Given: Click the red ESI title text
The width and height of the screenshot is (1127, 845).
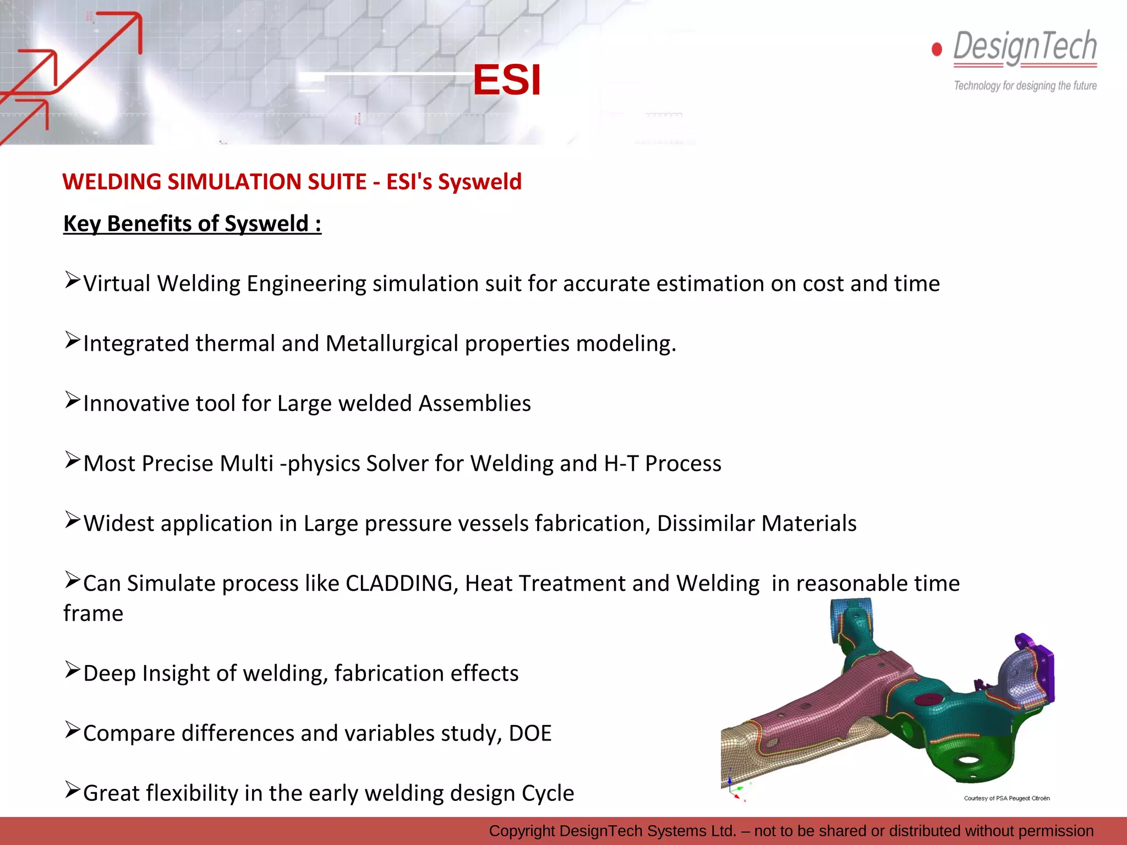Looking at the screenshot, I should (507, 80).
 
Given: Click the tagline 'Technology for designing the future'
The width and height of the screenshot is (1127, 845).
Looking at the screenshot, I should (1025, 86).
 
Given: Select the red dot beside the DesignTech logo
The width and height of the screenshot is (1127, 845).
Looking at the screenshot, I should (937, 50).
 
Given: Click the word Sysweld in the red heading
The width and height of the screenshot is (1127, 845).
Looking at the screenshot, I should (479, 182).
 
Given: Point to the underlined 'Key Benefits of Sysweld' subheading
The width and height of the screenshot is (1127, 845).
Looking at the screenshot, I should (192, 224).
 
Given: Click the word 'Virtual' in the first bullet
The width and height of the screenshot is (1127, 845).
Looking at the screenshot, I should (117, 284).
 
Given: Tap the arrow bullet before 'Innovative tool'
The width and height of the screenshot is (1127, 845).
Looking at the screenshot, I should (72, 400).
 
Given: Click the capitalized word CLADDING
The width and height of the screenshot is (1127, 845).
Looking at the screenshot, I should (399, 584).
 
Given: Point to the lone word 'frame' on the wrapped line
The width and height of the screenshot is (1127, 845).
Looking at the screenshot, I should (93, 613).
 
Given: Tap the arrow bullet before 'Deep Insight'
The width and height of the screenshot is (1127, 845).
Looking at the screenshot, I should (72, 670).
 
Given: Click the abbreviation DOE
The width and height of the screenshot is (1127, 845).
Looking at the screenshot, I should (530, 734).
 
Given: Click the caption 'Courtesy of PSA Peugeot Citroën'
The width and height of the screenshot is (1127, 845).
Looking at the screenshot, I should (1006, 798).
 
